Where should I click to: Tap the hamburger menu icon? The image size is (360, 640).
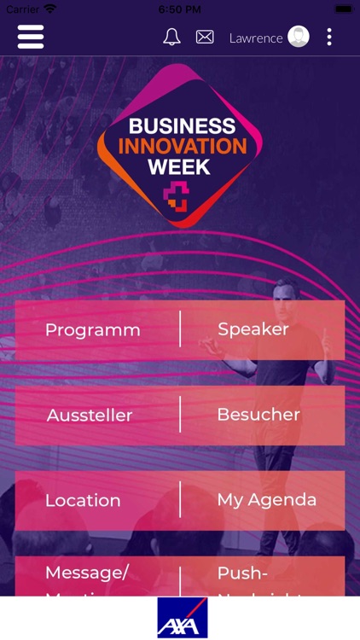(31, 37)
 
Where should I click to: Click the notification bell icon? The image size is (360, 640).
(171, 37)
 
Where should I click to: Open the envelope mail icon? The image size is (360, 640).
(205, 37)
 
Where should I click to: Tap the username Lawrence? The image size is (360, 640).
(256, 38)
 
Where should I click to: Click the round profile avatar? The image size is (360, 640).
(299, 37)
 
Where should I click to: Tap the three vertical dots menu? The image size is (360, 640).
(329, 37)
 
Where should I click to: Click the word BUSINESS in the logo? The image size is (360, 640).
(182, 126)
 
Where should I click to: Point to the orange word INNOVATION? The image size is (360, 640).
(182, 146)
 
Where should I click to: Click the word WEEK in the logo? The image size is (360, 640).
(179, 166)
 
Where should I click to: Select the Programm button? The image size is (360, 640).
(93, 330)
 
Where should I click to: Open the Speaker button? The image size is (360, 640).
(253, 329)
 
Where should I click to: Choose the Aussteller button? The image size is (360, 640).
(90, 416)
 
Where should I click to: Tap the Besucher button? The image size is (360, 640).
(258, 415)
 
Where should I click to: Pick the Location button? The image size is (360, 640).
(83, 501)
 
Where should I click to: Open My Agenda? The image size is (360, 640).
(267, 500)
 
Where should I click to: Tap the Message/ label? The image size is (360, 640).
(86, 573)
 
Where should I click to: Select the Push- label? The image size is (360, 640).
(243, 573)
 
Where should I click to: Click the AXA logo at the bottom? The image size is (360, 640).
(182, 619)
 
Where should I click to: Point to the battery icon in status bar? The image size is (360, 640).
(343, 9)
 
